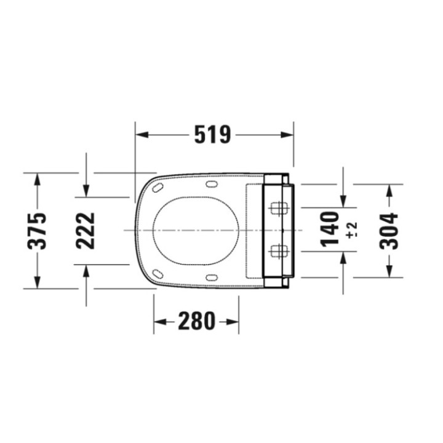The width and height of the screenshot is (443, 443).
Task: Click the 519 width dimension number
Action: pos(212,134)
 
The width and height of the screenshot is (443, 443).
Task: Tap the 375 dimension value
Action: pos(38,230)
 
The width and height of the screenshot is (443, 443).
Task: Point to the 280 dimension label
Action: pos(196,321)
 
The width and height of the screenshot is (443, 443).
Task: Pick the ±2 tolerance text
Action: pos(351,230)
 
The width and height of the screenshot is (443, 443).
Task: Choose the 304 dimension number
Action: pos(389,230)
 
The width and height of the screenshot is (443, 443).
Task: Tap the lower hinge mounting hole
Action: pos(279,250)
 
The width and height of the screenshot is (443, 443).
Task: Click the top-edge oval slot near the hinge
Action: pos(212,183)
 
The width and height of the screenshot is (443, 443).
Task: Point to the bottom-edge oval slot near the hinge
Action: pos(212,277)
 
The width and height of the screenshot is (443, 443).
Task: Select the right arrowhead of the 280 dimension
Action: pos(234,321)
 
